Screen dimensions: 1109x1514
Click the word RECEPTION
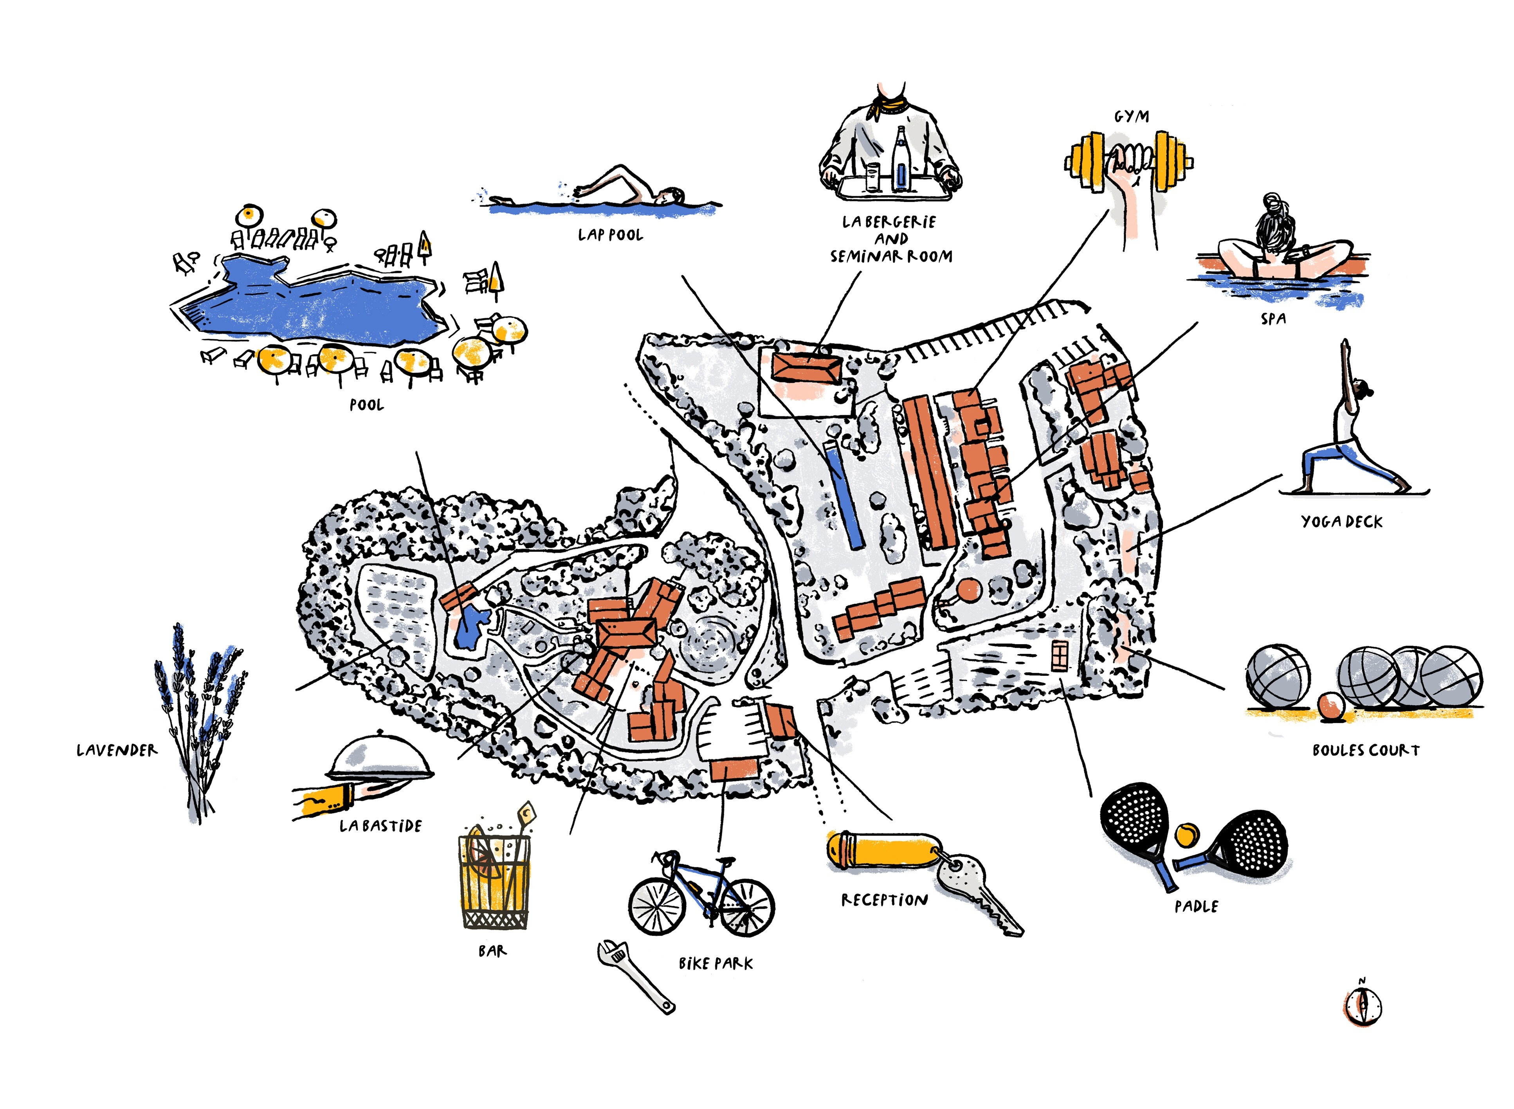click(x=884, y=900)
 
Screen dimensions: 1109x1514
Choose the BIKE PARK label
click(x=716, y=963)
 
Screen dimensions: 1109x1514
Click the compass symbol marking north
click(x=1362, y=1006)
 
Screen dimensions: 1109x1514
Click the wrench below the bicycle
click(x=634, y=975)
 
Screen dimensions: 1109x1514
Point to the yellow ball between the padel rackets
click(x=1186, y=834)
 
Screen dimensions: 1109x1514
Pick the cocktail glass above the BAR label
click(x=494, y=879)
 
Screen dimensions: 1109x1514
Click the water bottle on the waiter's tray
click(x=900, y=161)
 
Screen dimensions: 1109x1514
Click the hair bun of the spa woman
click(x=1272, y=202)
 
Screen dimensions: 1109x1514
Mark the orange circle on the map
click(x=969, y=591)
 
